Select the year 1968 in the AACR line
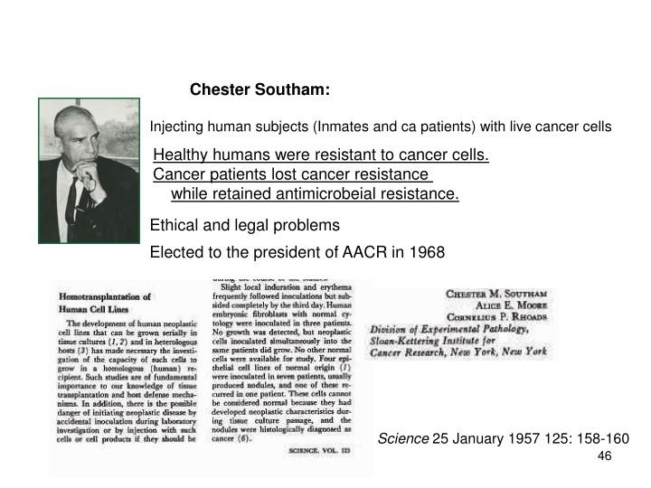426,252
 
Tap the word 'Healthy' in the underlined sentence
180,156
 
